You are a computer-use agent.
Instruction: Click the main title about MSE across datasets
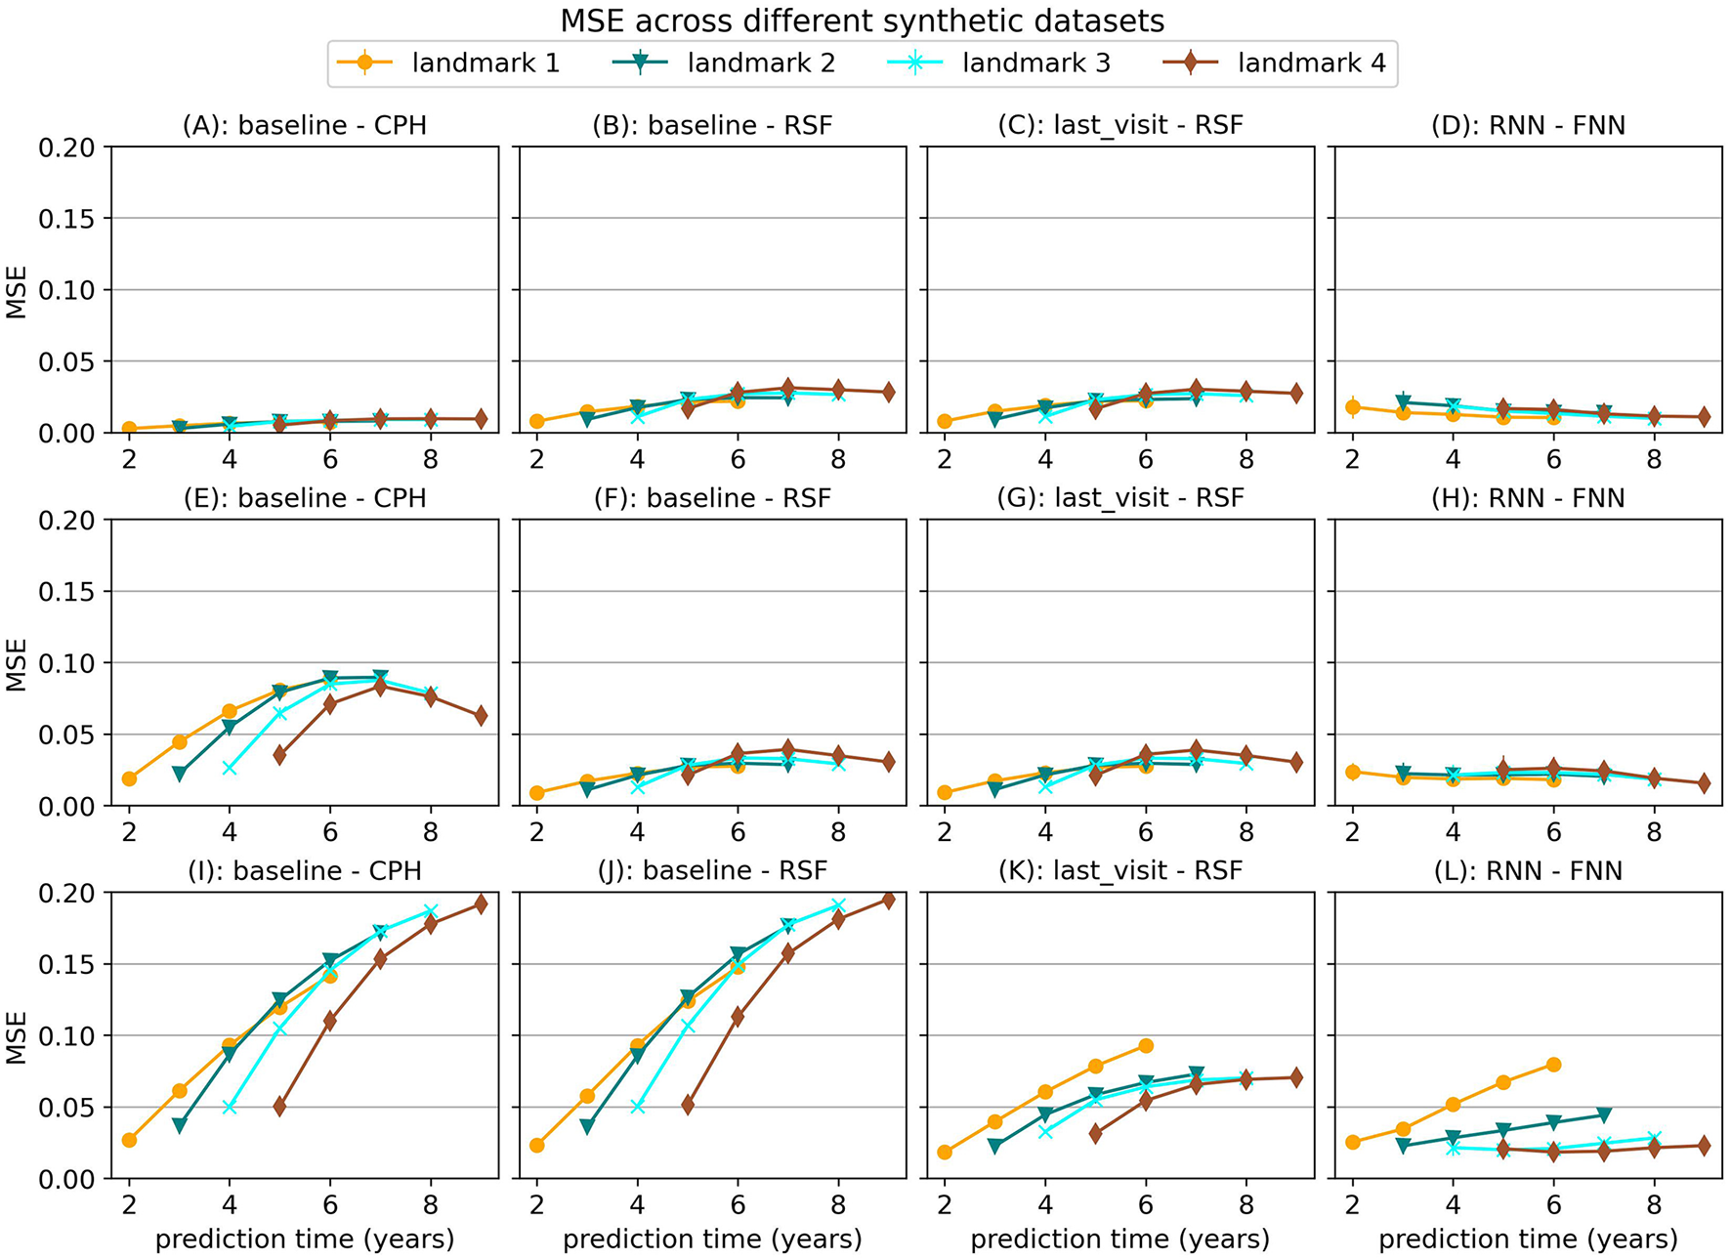point(862,21)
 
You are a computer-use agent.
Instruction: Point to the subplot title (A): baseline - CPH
point(305,126)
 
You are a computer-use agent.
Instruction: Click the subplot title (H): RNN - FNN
point(1528,498)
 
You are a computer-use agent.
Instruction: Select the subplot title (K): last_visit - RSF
point(1120,870)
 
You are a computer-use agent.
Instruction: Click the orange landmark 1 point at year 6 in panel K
point(1146,1046)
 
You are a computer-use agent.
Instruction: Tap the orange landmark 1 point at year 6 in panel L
point(1553,1065)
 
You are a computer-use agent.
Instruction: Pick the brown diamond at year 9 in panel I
point(481,904)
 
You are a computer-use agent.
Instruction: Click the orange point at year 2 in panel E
point(129,778)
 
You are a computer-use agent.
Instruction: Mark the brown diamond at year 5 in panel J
point(688,1105)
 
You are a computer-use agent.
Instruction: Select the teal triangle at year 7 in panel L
point(1604,1114)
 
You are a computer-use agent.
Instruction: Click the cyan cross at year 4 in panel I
point(230,1107)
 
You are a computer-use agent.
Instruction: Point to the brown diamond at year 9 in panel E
point(481,716)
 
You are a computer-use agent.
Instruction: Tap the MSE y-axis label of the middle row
point(17,664)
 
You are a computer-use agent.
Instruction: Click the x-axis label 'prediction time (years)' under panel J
point(712,1239)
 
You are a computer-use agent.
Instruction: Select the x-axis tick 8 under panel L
point(1654,1205)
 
